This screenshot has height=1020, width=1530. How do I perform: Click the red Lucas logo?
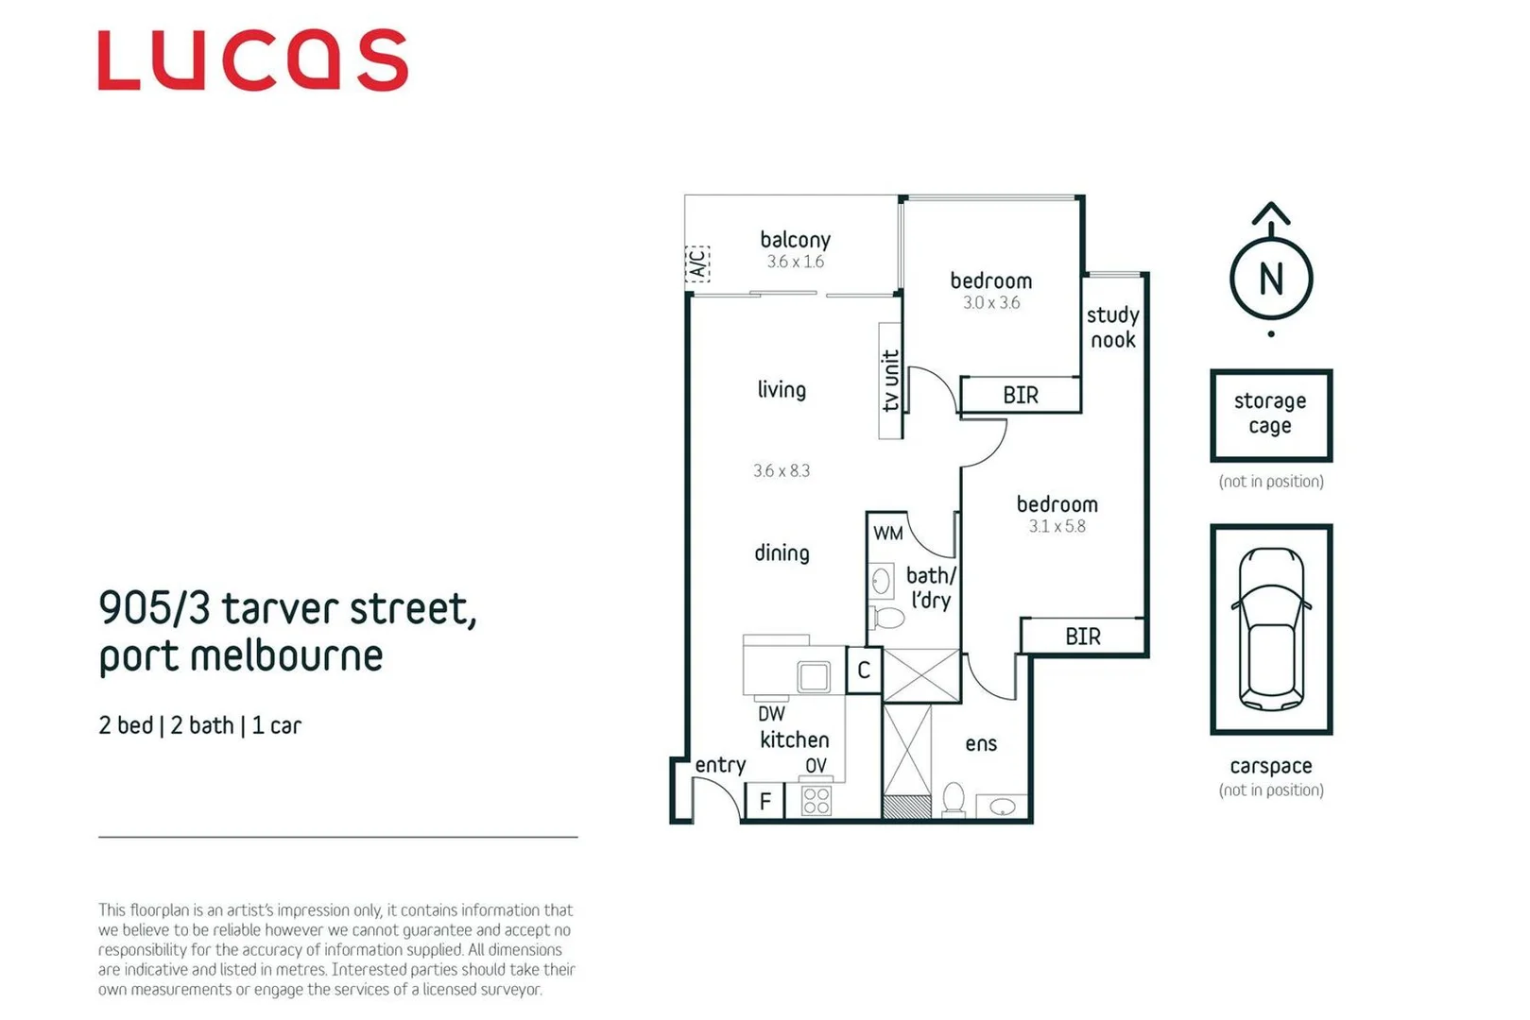252,60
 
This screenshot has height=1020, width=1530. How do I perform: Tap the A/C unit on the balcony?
697,263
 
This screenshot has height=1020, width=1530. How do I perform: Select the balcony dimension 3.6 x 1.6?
795,262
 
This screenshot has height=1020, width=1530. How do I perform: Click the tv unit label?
890,381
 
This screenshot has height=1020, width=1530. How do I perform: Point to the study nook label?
1112,327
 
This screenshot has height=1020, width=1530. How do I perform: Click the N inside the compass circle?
1271,280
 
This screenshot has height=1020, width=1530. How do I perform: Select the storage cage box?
1270,415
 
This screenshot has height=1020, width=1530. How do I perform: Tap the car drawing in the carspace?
1271,629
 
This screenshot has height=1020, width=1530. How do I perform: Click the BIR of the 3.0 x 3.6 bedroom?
1021,395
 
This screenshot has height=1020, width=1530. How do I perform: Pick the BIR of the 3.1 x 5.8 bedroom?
1083,636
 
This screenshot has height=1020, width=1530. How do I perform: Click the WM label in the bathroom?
887,533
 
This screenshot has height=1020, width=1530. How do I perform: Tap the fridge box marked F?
765,802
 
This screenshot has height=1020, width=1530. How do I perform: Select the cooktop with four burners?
816,801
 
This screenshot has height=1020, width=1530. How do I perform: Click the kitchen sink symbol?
814,676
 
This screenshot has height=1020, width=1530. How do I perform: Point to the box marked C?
863,671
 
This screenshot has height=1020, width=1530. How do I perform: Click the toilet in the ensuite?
954,800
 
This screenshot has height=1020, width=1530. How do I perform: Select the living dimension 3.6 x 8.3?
781,470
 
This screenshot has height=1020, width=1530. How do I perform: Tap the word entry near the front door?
720,765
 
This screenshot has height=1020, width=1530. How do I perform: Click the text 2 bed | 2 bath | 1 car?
199,725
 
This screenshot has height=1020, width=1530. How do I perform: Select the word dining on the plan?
782,552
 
